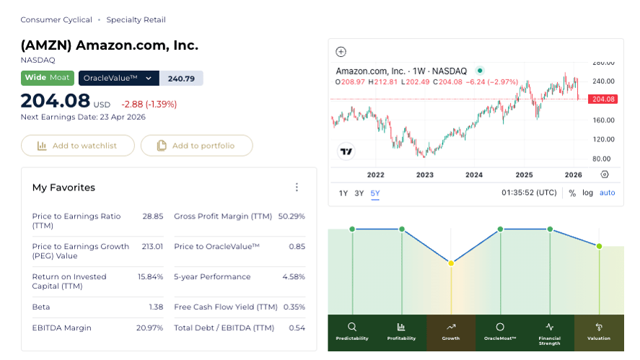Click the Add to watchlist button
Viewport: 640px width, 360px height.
click(78, 146)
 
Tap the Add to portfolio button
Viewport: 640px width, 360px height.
click(196, 146)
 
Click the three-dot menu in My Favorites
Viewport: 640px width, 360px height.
click(297, 188)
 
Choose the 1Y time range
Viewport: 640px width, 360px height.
click(343, 193)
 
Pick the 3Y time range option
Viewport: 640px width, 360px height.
click(359, 193)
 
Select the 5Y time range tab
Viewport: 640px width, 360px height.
click(375, 193)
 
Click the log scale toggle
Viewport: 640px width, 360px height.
click(588, 193)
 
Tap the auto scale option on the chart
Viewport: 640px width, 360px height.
click(608, 193)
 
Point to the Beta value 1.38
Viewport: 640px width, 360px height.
click(156, 307)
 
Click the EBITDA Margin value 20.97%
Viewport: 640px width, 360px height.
click(149, 328)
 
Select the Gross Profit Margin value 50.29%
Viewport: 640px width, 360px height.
click(291, 216)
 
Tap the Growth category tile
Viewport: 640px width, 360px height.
click(451, 333)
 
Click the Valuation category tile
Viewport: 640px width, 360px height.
click(599, 333)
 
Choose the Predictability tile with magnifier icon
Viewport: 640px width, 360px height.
click(352, 333)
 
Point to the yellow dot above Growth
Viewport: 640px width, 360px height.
click(451, 263)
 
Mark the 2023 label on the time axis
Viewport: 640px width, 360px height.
click(425, 175)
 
